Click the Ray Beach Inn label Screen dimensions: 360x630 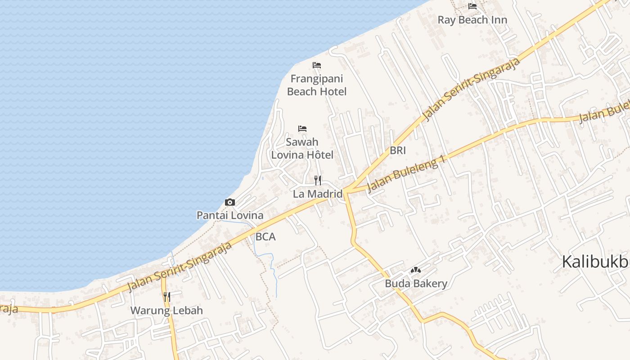point(472,20)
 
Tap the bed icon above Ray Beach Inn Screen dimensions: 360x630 point(472,6)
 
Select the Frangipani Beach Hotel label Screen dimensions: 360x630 point(317,85)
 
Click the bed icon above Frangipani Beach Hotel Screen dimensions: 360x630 point(317,65)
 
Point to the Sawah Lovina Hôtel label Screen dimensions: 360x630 point(302,148)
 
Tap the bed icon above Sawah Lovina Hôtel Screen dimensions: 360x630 point(302,129)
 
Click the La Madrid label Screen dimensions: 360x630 point(318,194)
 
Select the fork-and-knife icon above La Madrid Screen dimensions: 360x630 point(318,180)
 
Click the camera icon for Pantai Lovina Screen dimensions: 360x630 point(230,202)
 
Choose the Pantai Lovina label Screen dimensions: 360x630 point(230,215)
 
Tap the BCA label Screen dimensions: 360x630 point(265,237)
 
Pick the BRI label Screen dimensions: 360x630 point(398,151)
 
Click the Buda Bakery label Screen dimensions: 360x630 point(416,283)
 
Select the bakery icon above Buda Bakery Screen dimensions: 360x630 point(416,270)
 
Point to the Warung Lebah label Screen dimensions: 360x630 point(166,310)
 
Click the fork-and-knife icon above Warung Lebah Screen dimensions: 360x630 point(166,297)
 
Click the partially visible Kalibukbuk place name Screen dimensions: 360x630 point(595,261)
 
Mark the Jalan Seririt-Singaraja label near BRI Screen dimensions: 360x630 point(471,89)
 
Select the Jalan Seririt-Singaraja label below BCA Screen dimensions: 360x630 point(180,267)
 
